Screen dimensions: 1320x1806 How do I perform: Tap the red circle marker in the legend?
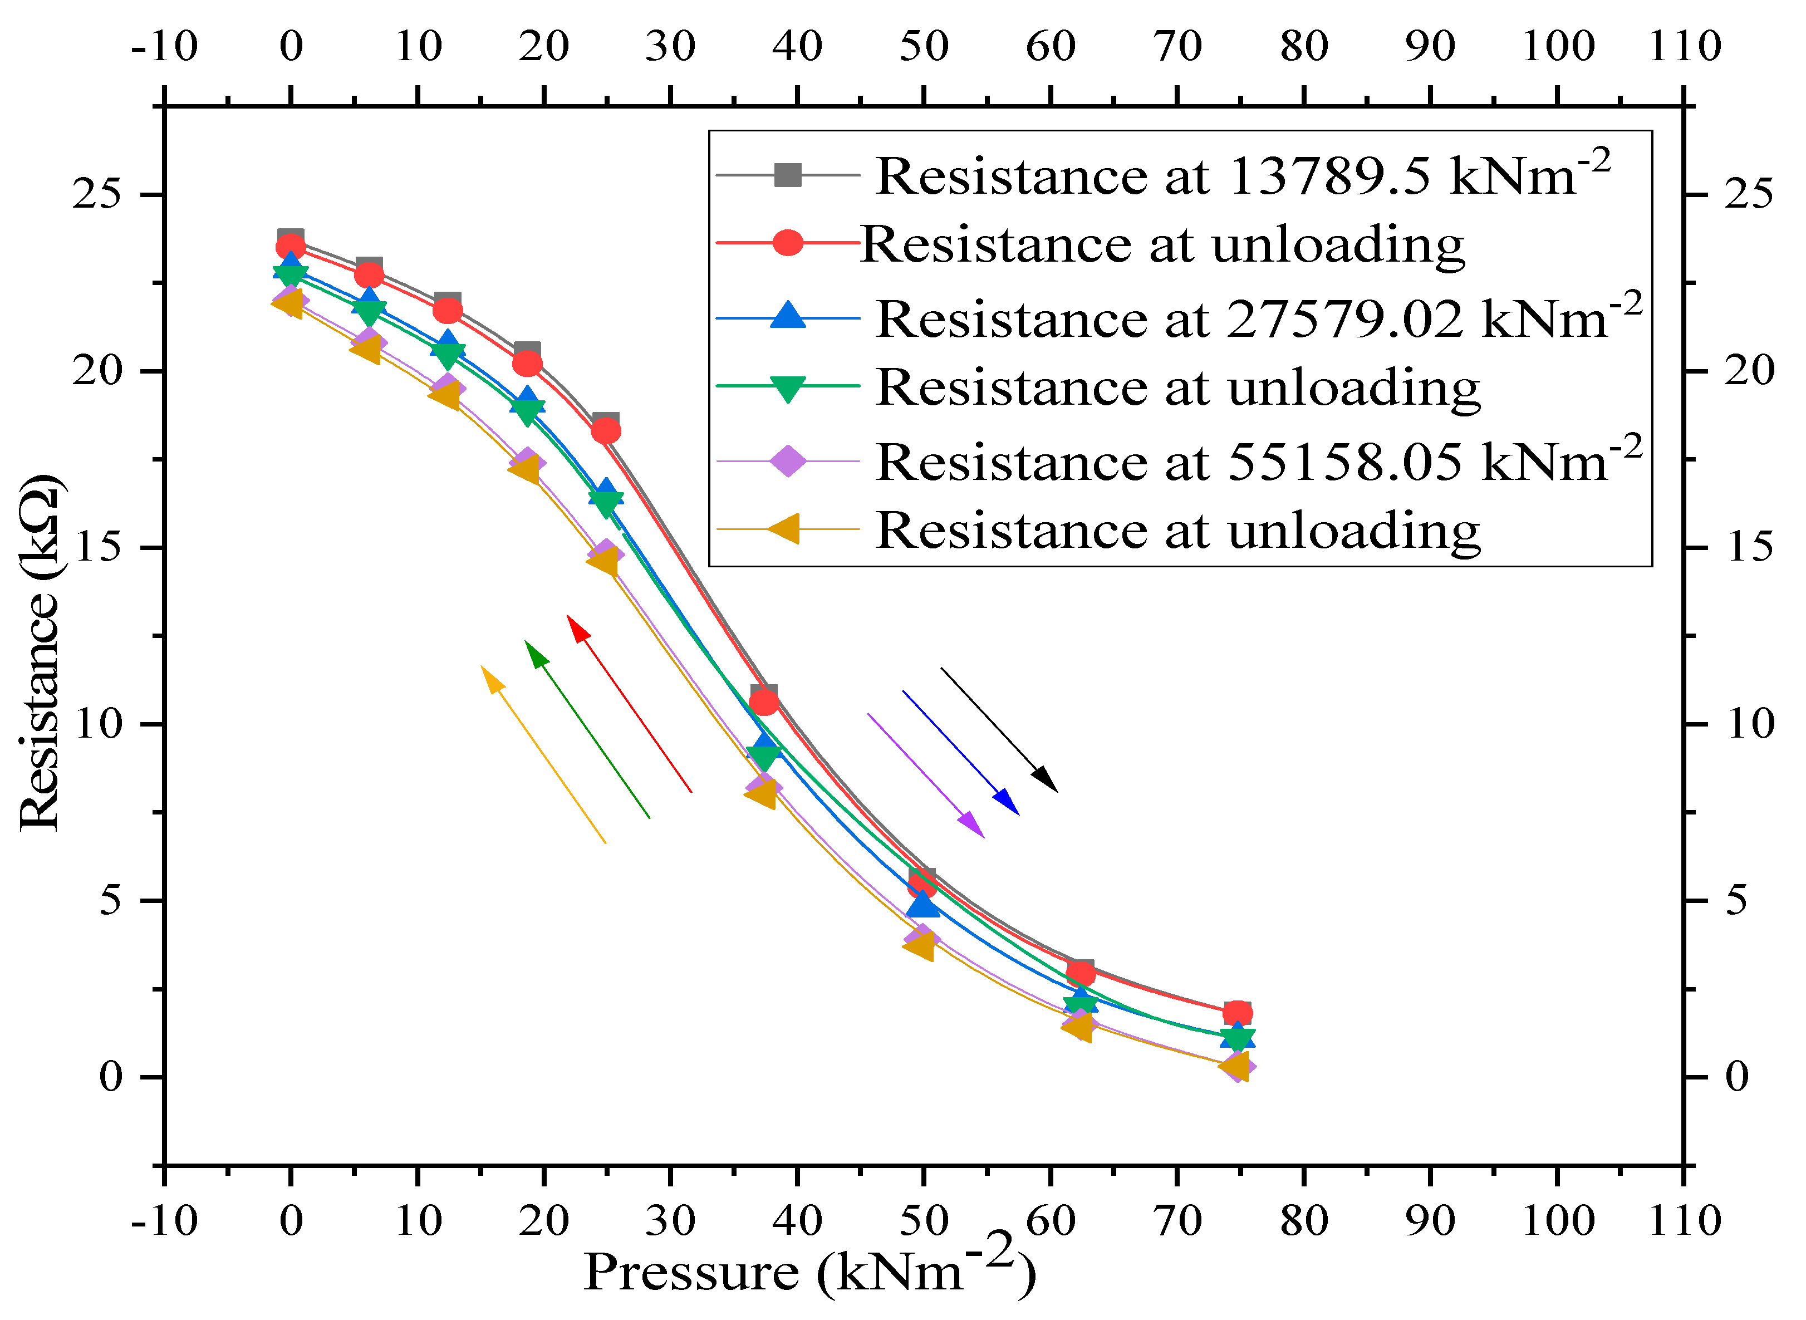point(788,243)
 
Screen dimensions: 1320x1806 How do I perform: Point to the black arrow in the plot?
point(999,729)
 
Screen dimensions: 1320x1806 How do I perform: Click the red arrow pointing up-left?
point(629,703)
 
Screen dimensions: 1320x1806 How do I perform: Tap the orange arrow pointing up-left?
point(543,754)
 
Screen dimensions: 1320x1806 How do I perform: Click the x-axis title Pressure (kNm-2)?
point(809,1270)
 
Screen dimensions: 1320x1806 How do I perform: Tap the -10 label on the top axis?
point(164,46)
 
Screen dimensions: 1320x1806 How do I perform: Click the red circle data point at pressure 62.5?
point(1081,973)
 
